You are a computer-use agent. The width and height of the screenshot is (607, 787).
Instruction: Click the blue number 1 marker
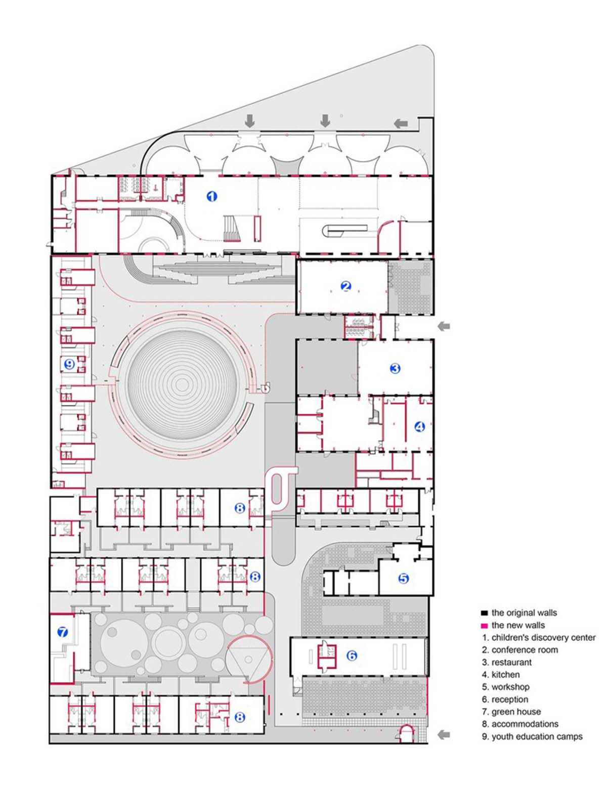point(212,196)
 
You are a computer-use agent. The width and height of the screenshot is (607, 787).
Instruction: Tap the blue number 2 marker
point(346,286)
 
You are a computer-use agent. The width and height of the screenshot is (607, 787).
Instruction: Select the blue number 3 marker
point(395,368)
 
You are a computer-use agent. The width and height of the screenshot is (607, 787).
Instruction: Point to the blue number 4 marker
point(420,427)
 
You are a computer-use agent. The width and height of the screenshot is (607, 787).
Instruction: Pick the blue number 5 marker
point(403,578)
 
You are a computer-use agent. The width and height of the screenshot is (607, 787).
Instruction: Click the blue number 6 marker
point(352,655)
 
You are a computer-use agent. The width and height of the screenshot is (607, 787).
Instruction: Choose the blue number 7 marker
point(62,632)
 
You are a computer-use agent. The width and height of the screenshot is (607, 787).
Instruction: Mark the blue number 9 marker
point(69,364)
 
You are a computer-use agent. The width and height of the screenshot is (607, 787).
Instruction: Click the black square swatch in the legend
point(484,613)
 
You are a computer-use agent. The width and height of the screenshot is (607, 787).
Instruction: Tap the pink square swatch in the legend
point(484,626)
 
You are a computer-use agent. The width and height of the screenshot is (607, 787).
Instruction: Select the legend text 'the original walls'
point(524,613)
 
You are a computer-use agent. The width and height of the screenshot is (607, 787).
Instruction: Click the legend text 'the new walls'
point(518,625)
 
